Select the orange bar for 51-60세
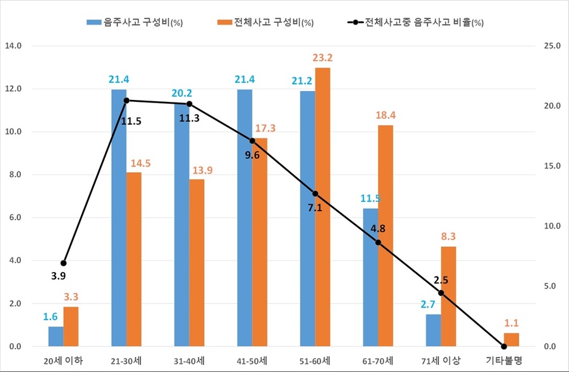tap(322, 207)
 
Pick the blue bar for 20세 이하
tap(56, 337)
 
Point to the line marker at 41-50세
tap(252, 141)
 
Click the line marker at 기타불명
tap(504, 346)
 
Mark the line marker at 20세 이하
tap(63, 263)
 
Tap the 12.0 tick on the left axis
tap(13, 89)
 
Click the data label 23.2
tap(322, 58)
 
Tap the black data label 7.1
tap(315, 207)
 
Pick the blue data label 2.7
tap(432, 305)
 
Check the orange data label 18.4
tap(386, 115)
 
